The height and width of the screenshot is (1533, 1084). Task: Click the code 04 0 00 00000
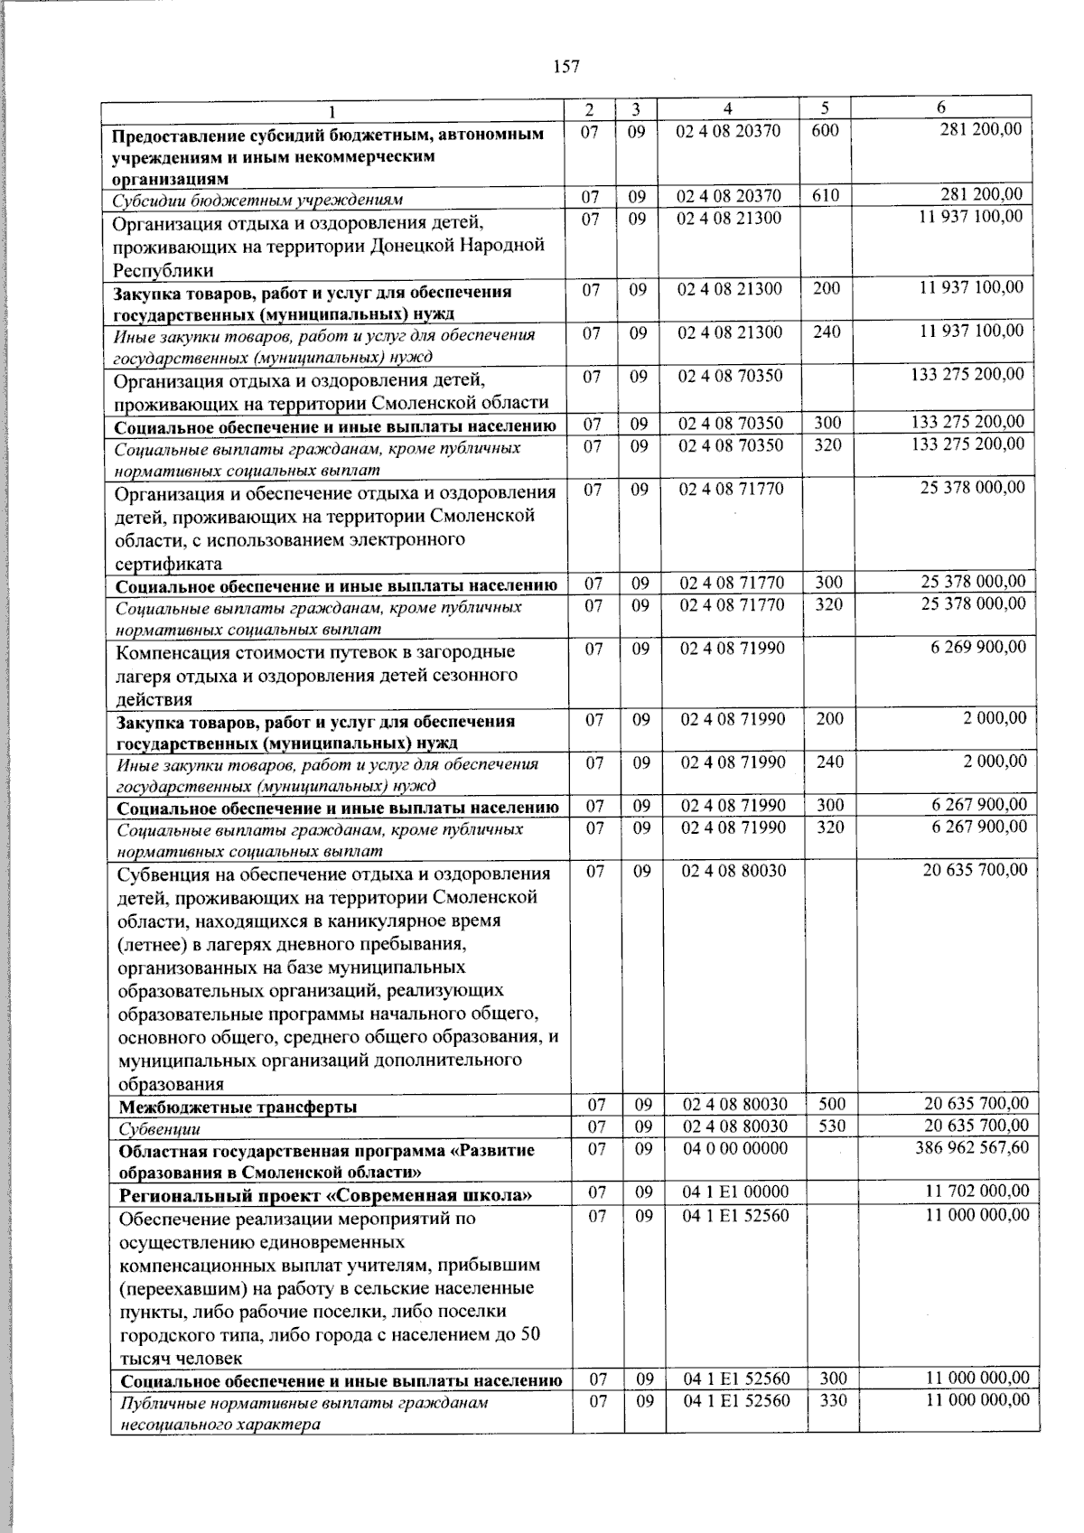click(734, 1148)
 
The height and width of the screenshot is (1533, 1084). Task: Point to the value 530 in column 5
click(832, 1126)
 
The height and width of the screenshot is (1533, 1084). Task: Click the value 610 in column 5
click(825, 195)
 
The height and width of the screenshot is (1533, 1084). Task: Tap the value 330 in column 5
click(833, 1400)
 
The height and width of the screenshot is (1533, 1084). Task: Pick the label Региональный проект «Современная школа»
click(325, 1195)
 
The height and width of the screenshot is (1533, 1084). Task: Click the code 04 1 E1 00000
click(735, 1192)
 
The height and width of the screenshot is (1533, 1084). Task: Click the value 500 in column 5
click(832, 1103)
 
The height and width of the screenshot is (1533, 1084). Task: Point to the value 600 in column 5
click(825, 130)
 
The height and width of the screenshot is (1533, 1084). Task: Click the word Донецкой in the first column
click(414, 245)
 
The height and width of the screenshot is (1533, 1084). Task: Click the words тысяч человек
click(181, 1358)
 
